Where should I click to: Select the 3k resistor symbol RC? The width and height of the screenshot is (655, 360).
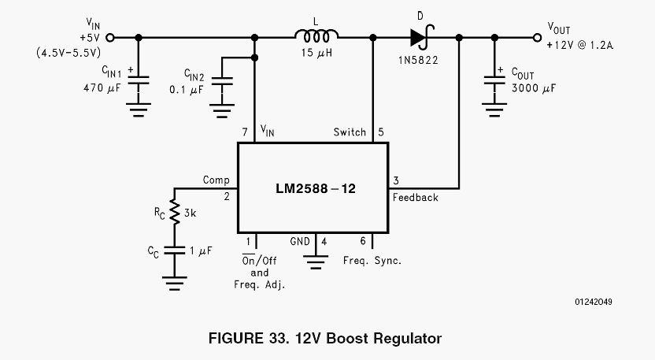point(175,212)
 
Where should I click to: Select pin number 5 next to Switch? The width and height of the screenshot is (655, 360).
point(380,132)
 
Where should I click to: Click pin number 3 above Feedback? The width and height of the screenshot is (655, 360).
point(396,180)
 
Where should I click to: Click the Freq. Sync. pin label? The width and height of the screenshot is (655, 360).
point(372,260)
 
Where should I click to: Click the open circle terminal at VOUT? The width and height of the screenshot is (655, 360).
point(537,36)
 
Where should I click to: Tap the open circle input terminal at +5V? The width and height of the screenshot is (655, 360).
point(109,36)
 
